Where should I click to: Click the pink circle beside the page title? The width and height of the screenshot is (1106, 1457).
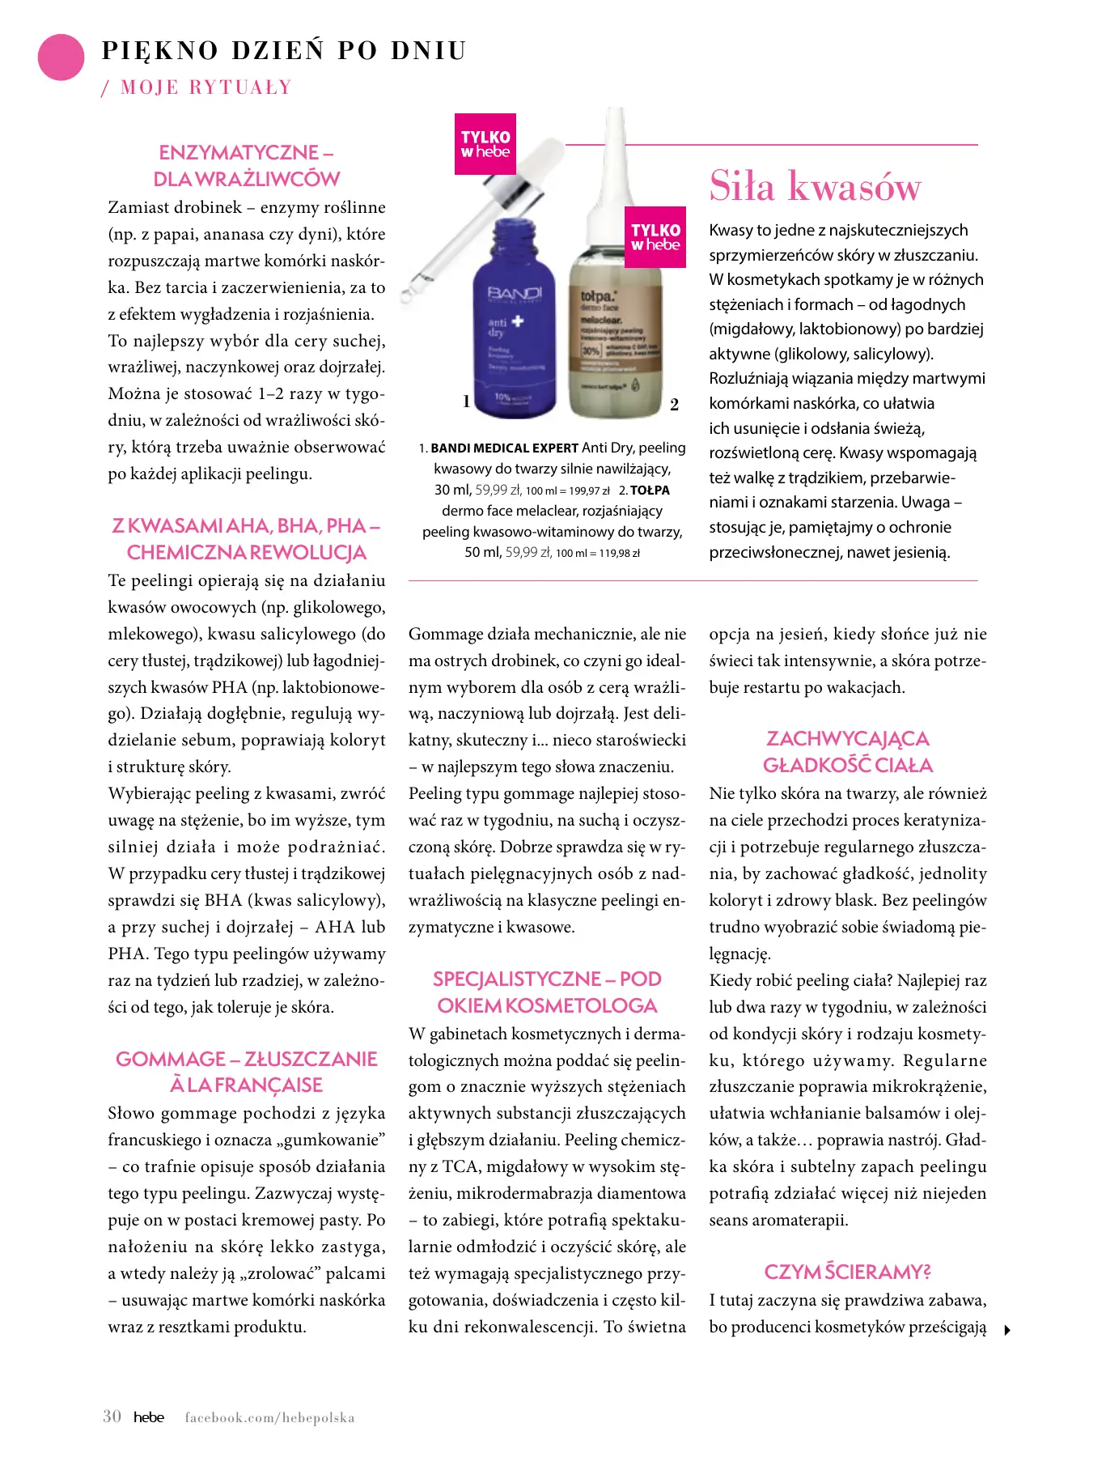(61, 57)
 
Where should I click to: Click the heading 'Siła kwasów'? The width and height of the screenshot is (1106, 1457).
(815, 186)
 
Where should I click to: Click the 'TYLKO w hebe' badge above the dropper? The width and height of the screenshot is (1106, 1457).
(485, 144)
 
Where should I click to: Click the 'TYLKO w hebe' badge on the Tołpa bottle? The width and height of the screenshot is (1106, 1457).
(655, 237)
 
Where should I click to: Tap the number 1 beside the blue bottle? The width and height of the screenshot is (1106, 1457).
(466, 401)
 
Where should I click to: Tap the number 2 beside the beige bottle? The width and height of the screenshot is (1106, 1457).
(674, 405)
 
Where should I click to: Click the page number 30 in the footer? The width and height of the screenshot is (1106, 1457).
(112, 1417)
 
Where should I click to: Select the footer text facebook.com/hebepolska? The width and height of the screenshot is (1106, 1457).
(269, 1417)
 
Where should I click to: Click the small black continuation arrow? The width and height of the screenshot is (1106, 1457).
(1007, 1330)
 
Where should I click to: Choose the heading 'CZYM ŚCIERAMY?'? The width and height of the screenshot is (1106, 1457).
(847, 1272)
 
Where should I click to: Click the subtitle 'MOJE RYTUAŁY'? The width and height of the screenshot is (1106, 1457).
(206, 87)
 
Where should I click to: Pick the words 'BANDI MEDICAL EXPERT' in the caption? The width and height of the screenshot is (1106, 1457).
(504, 448)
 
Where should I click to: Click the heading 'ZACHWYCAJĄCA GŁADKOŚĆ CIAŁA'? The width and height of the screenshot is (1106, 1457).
(848, 752)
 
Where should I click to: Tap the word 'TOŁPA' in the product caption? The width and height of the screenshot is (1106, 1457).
(650, 491)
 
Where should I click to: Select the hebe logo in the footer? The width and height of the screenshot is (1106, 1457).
(149, 1417)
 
